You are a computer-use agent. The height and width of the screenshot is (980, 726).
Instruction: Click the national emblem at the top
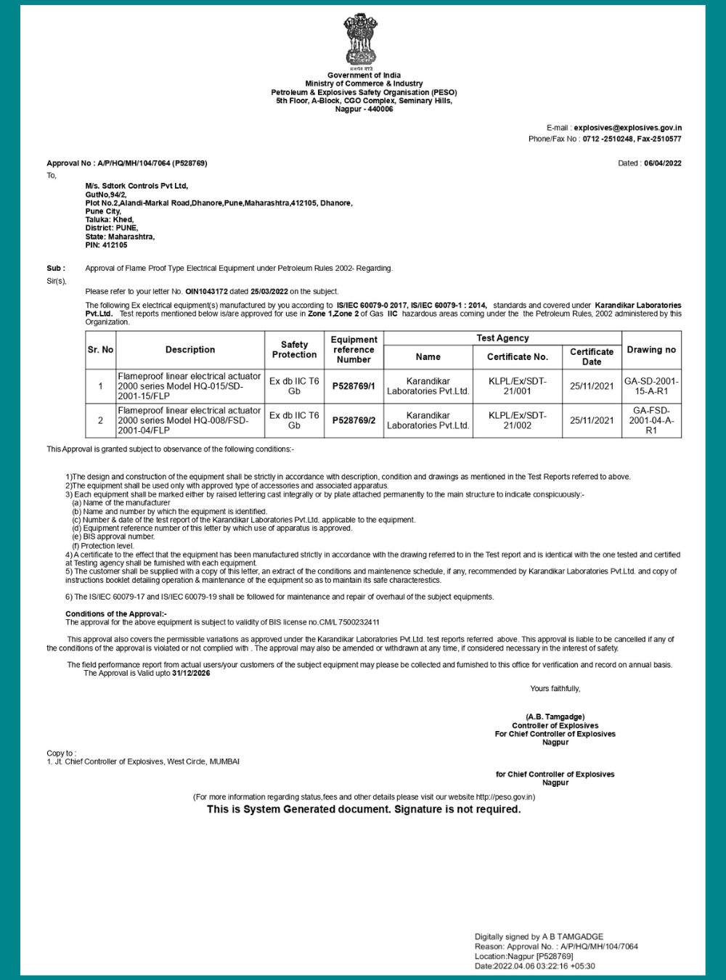(361, 40)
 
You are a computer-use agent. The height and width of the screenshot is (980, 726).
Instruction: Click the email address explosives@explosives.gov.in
(628, 128)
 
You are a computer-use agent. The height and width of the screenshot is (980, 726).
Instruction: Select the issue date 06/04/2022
(663, 163)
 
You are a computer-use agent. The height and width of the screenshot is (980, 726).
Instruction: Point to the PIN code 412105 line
(106, 245)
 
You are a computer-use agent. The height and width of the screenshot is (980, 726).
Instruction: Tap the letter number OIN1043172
(206, 291)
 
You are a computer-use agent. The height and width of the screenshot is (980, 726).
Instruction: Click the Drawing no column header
(651, 350)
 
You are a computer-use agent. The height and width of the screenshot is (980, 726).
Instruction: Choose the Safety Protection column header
(294, 350)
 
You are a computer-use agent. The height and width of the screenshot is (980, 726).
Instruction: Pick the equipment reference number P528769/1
(354, 386)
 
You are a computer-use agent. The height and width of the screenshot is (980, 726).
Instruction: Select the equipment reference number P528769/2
(354, 420)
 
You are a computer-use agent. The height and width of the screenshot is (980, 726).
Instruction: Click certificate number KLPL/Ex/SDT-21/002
(517, 420)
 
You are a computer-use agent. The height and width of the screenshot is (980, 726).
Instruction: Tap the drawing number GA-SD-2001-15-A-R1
(651, 386)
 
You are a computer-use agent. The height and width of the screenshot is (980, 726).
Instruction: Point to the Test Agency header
(502, 338)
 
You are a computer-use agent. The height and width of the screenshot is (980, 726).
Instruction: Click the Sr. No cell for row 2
(100, 420)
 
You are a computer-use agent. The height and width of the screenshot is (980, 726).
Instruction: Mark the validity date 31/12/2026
(191, 673)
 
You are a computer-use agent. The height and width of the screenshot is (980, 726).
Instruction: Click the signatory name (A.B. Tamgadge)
(555, 716)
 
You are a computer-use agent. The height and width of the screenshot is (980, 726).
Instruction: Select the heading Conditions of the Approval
(116, 614)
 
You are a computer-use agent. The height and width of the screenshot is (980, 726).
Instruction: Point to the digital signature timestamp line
(535, 966)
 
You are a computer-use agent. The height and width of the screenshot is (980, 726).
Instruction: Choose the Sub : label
(56, 268)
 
